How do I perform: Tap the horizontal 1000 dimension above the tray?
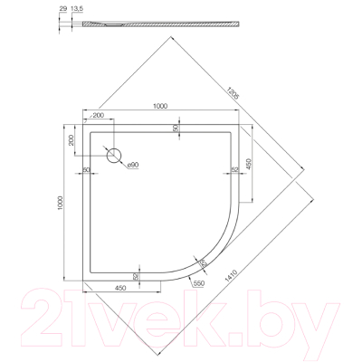click(x=161, y=107)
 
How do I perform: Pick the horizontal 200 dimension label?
click(x=97, y=117)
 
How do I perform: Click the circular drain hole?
click(x=114, y=155)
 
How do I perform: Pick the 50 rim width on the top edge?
click(x=176, y=129)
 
